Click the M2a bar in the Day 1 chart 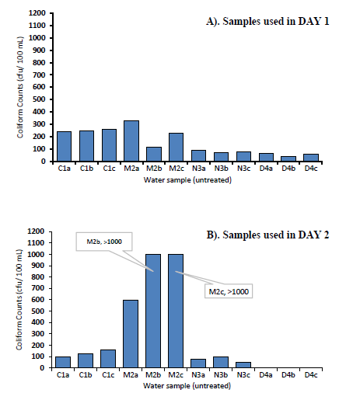click(131, 141)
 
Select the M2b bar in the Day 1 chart click(154, 155)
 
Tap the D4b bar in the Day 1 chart click(288, 159)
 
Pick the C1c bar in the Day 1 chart click(109, 145)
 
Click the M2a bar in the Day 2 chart click(131, 334)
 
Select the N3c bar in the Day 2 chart click(243, 365)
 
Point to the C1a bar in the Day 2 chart click(63, 362)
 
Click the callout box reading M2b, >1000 click(104, 242)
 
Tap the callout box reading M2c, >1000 click(229, 291)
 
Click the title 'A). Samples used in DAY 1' click(267, 21)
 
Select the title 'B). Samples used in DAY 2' click(267, 235)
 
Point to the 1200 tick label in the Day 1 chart click(37, 13)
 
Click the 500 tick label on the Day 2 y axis click(40, 311)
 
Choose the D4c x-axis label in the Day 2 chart click(311, 375)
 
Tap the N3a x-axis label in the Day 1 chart click(199, 169)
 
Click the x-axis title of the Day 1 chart click(187, 180)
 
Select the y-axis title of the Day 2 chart click(19, 300)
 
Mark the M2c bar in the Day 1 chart click(177, 148)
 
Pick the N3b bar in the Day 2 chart click(221, 363)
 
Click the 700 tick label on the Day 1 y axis click(40, 75)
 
